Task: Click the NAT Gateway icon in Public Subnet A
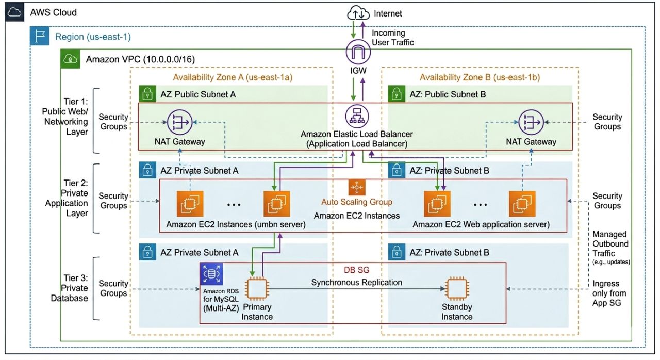(x=179, y=122)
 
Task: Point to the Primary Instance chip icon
(x=257, y=290)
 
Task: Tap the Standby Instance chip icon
(x=457, y=290)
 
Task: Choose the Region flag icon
(x=40, y=37)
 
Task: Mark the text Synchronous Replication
(x=356, y=282)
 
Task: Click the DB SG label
(x=357, y=270)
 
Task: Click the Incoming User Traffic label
(x=392, y=38)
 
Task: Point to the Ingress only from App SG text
(x=609, y=293)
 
